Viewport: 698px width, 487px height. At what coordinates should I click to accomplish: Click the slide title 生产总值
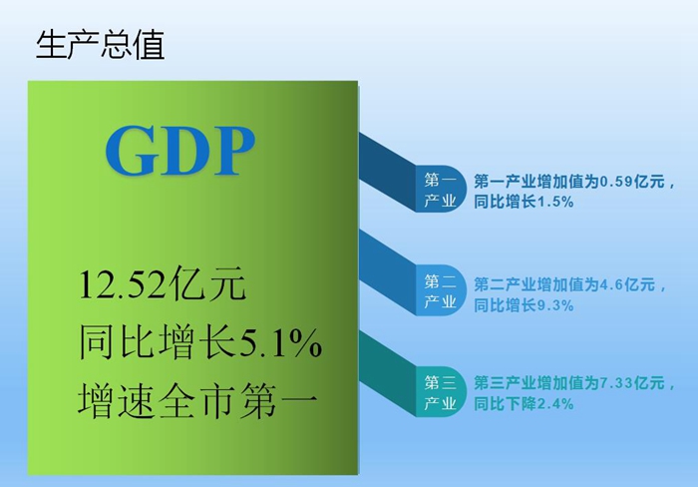(x=100, y=45)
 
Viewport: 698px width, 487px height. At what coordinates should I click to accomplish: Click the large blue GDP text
(x=180, y=150)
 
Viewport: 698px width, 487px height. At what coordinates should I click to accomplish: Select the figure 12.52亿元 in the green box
(x=162, y=283)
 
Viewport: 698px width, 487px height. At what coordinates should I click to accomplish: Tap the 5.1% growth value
(x=281, y=342)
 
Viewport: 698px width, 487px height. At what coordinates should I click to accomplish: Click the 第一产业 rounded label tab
(x=441, y=190)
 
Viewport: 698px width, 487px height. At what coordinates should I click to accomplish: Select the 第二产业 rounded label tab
(x=441, y=291)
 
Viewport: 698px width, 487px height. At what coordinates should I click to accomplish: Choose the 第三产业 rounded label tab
(x=441, y=392)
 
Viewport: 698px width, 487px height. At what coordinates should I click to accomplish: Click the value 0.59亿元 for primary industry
(x=632, y=182)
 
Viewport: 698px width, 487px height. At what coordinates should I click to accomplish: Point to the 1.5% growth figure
(x=555, y=203)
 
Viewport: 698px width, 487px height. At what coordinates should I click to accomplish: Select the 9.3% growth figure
(x=555, y=305)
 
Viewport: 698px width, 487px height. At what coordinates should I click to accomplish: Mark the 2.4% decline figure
(x=555, y=404)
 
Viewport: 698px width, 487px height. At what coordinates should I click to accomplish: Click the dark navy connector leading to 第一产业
(x=387, y=171)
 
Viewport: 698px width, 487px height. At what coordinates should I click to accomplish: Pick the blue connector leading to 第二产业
(x=387, y=271)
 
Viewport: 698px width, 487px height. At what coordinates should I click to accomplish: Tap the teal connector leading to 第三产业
(x=387, y=373)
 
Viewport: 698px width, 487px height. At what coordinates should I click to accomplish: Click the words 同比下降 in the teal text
(x=506, y=404)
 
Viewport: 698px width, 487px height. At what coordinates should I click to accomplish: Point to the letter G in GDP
(x=131, y=150)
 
